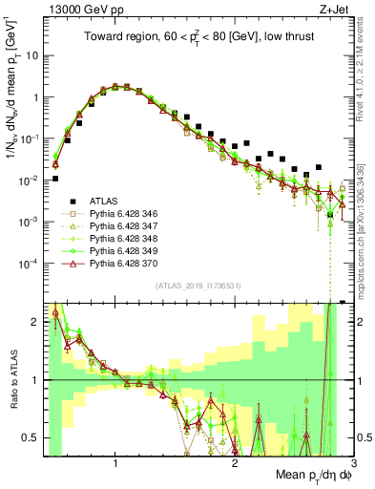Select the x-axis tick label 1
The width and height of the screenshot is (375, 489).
click(x=115, y=465)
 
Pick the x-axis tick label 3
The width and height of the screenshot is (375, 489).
click(x=352, y=465)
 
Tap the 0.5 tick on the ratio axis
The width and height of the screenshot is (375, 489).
click(x=31, y=437)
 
